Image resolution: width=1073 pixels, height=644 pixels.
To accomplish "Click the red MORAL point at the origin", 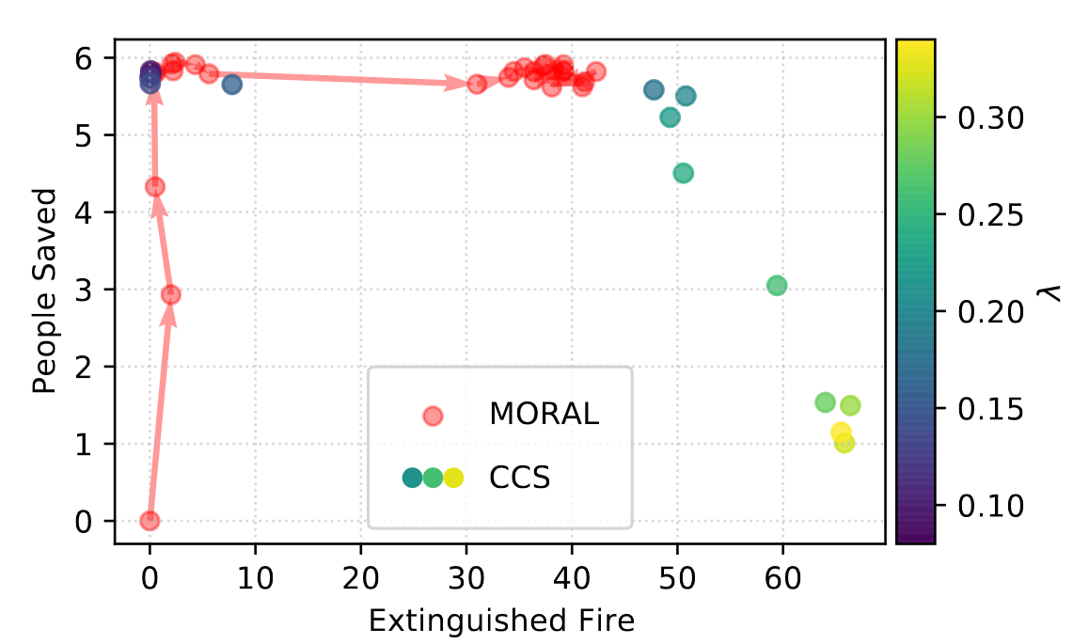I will click(x=150, y=521).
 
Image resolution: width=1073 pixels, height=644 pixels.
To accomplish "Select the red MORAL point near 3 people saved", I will click(x=170, y=294).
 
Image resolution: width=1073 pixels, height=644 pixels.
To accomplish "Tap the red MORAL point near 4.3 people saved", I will click(x=155, y=187).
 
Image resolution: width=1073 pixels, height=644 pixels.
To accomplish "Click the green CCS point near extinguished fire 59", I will click(x=777, y=285).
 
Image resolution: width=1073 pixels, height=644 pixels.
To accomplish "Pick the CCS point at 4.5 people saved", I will click(x=684, y=173).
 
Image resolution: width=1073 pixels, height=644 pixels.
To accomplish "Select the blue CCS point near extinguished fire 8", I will click(x=232, y=85).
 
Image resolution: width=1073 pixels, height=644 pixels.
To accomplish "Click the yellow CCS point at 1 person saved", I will click(x=844, y=443).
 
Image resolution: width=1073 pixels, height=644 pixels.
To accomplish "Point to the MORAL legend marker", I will click(x=433, y=415).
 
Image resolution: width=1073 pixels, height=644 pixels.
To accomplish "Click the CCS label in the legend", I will click(x=519, y=478).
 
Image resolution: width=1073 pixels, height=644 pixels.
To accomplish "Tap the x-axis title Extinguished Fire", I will click(x=501, y=620).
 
